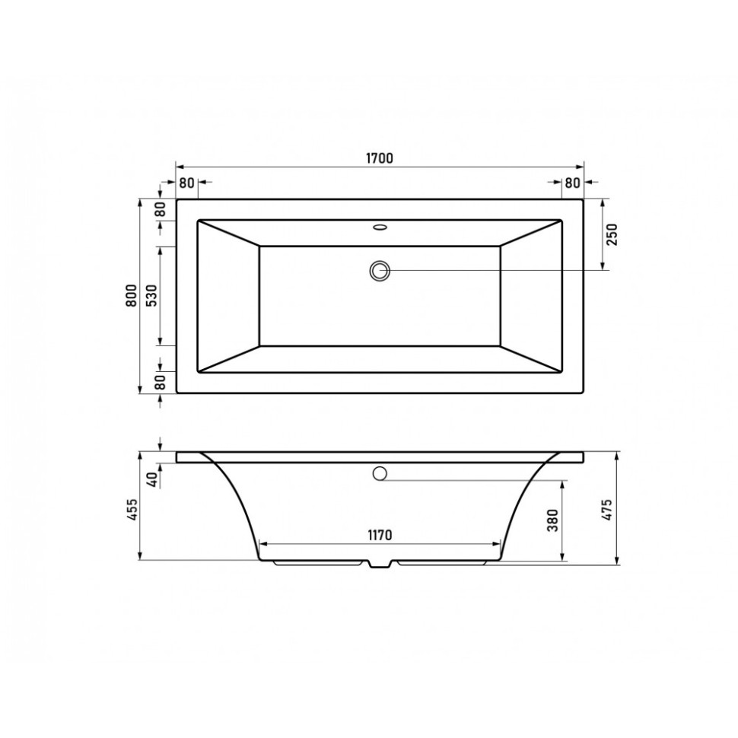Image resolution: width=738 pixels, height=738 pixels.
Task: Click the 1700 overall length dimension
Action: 379,159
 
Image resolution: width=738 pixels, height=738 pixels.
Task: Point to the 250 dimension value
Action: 612,235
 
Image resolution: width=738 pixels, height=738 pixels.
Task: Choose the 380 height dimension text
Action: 553,520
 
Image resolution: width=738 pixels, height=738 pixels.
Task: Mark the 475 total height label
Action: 607,507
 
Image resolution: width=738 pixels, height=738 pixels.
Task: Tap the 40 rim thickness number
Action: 151,479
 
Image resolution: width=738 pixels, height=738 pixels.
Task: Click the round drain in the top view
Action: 380,270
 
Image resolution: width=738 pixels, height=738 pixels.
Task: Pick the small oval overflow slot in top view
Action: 380,226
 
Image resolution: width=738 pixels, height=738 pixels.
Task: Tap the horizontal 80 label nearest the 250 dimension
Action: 572,183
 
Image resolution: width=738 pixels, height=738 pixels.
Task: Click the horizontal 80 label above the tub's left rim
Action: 187,183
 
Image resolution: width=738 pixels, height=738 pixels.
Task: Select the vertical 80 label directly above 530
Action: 161,211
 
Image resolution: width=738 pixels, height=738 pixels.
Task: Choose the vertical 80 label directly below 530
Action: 161,383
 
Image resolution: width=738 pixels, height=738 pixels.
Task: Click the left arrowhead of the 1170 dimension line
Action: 264,545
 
